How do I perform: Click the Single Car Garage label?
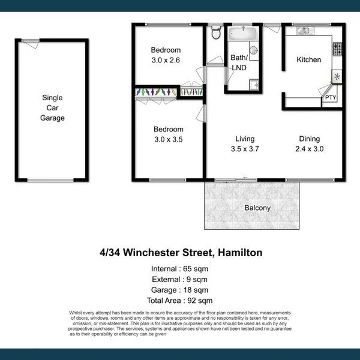click(52, 108)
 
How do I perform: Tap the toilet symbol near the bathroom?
click(216, 34)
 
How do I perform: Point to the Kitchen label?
click(309, 59)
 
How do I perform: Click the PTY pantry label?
click(330, 98)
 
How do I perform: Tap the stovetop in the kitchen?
click(337, 47)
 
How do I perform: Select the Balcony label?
click(257, 208)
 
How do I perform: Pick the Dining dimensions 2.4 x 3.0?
click(310, 149)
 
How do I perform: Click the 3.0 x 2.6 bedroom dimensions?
click(166, 60)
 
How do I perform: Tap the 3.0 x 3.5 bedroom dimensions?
click(168, 139)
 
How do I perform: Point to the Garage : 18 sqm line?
click(180, 290)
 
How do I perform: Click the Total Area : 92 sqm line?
click(180, 301)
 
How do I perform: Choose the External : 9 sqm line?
click(180, 280)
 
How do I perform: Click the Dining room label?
click(310, 138)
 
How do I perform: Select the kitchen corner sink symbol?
click(337, 77)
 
